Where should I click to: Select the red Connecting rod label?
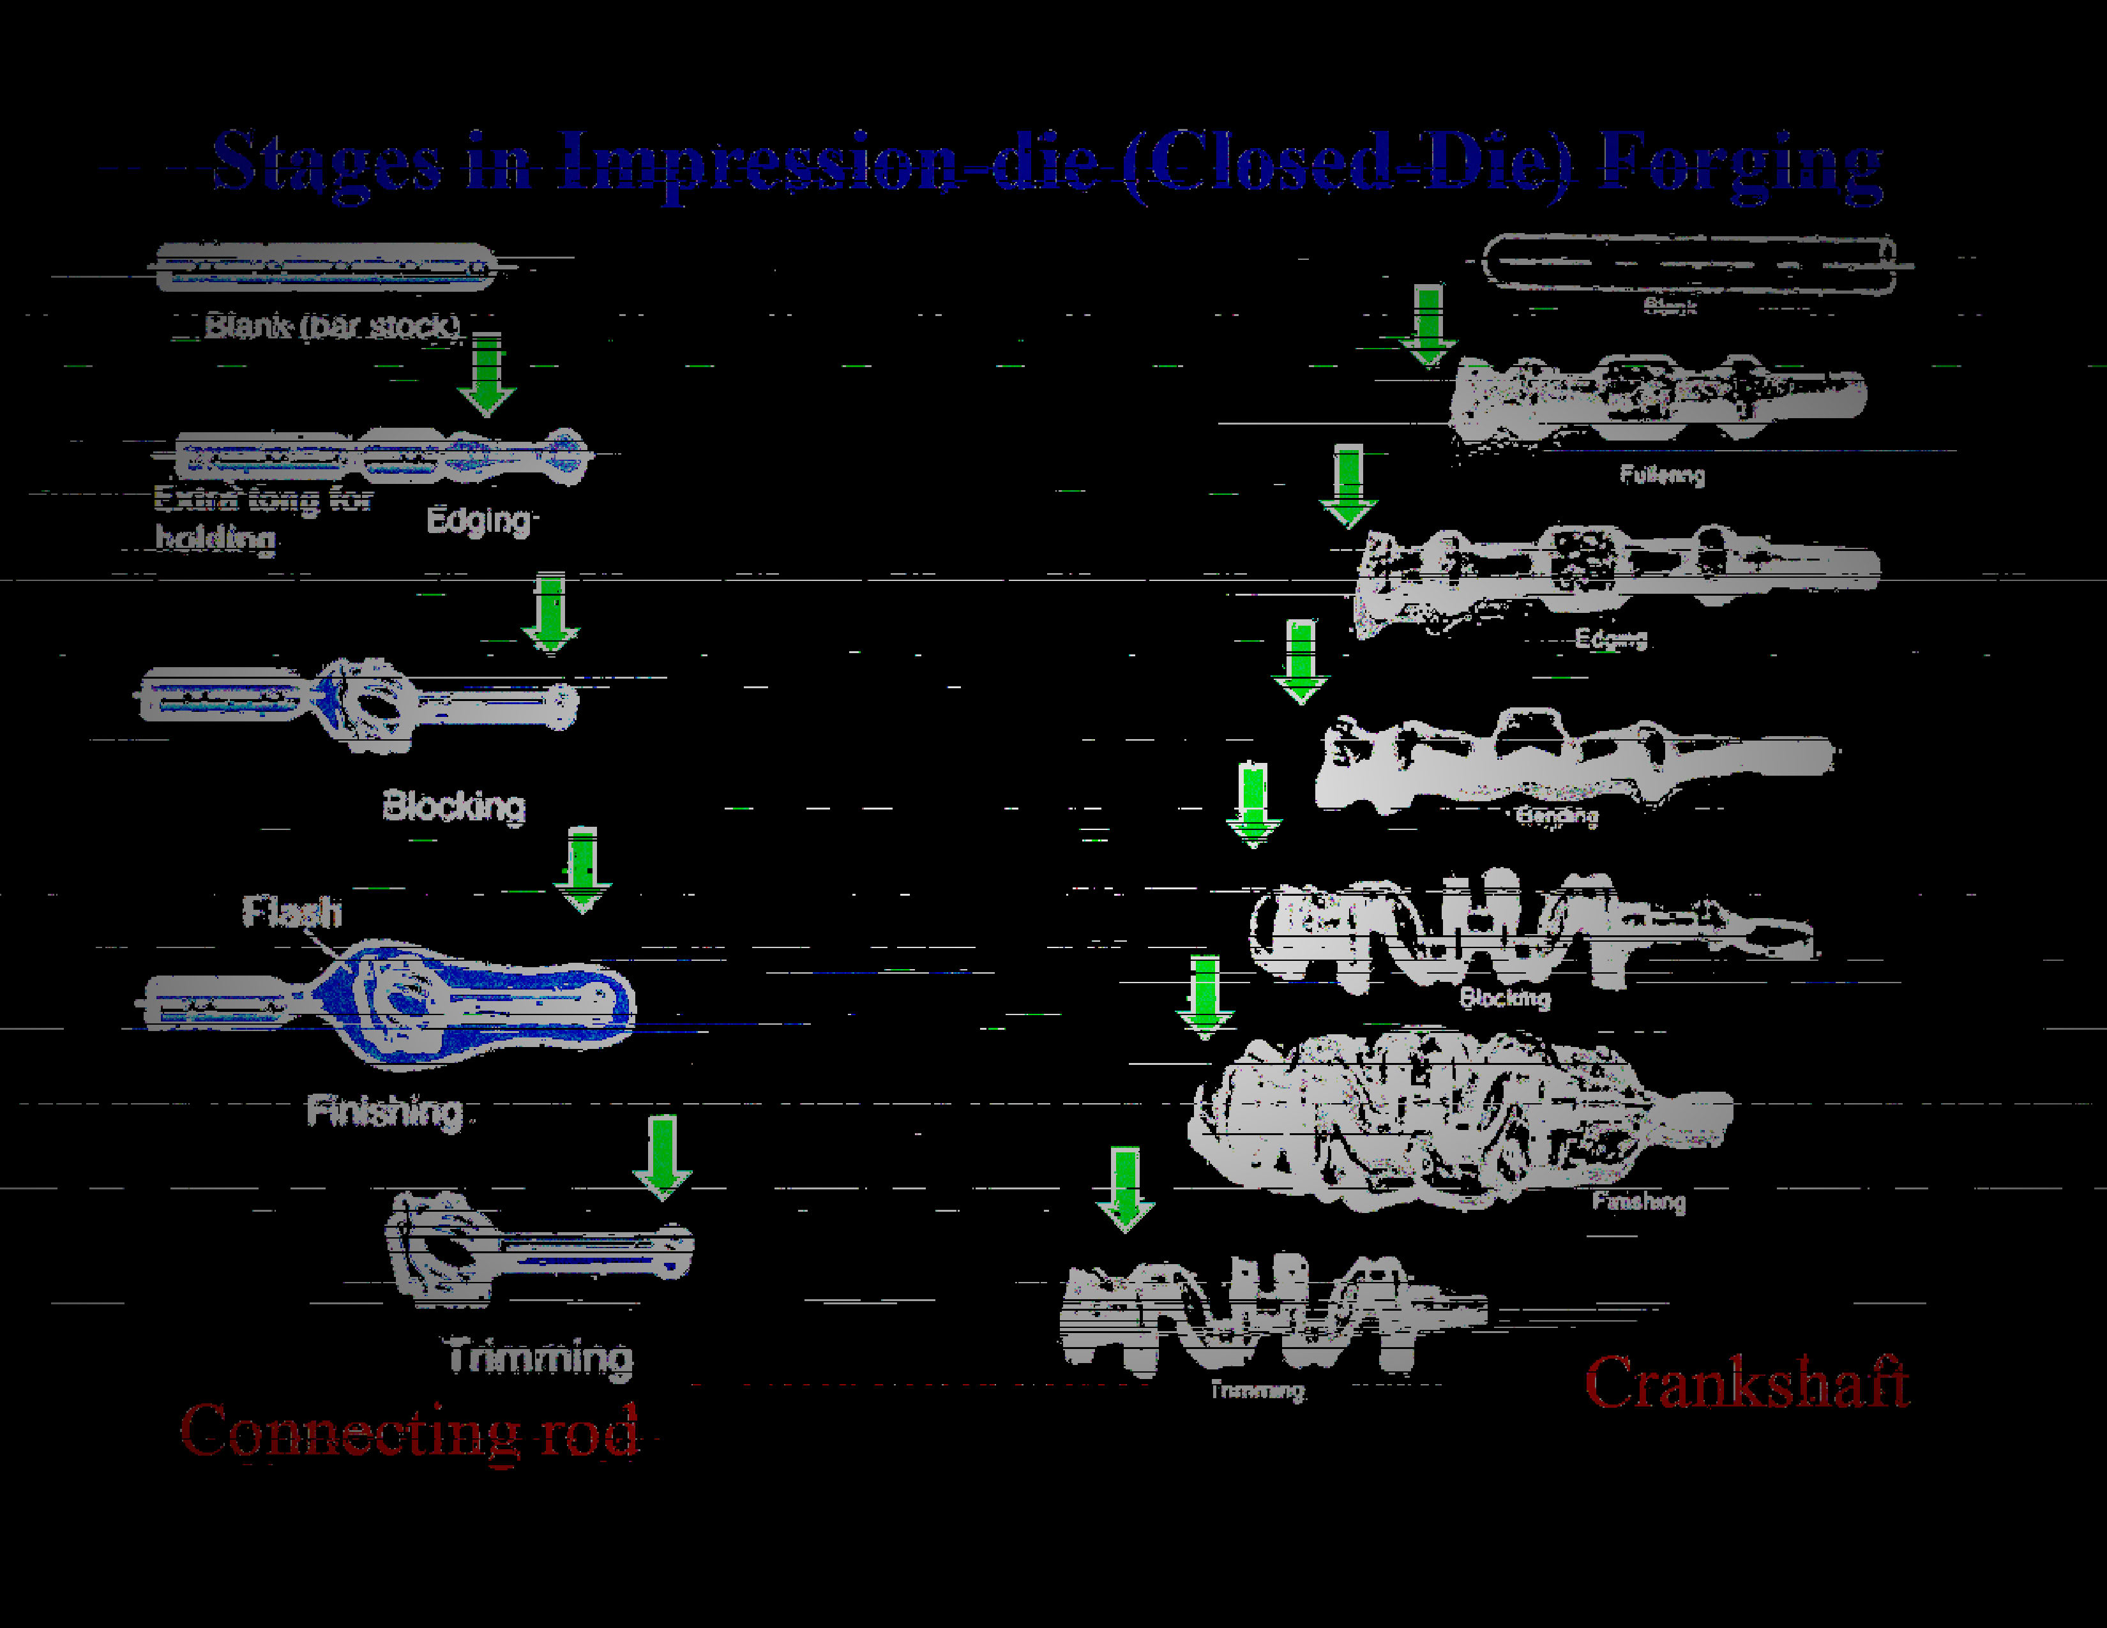pos(409,1431)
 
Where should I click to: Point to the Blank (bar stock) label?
pos(333,326)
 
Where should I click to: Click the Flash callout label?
pos(291,912)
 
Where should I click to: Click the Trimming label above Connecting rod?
pos(540,1357)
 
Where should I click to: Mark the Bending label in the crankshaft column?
pos(1556,816)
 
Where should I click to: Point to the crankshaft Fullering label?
pos(1661,474)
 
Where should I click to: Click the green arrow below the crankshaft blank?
pos(1428,324)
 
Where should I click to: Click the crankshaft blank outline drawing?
pos(1688,262)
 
